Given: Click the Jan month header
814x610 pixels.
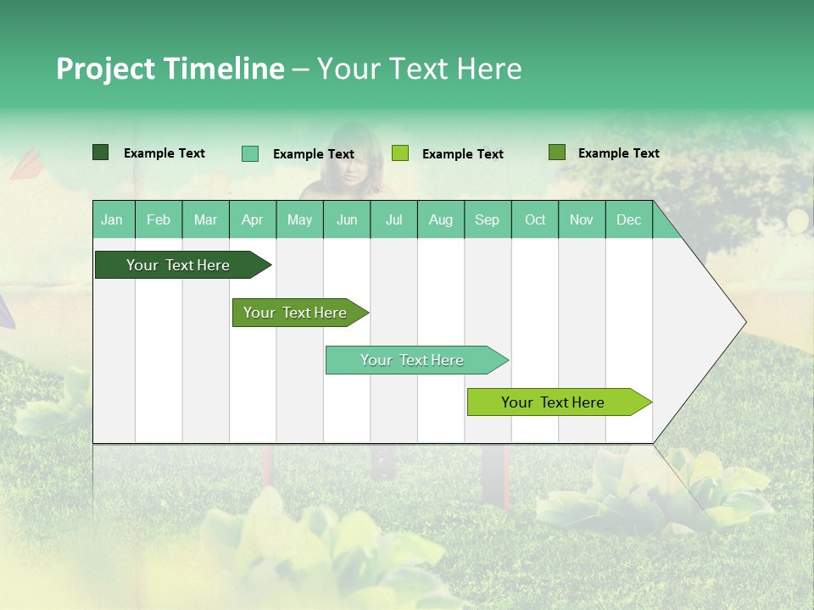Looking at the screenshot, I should [112, 219].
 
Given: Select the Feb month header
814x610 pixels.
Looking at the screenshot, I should [159, 219].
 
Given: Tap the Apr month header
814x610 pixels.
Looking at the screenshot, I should [252, 219].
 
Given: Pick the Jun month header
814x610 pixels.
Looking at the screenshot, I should [347, 219].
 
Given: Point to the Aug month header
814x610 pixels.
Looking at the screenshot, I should [440, 219].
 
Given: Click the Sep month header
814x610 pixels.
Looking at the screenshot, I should [487, 219].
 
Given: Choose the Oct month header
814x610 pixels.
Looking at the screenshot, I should [535, 219].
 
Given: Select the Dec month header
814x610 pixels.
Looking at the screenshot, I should [628, 219].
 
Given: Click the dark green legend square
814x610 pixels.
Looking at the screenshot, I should [101, 152].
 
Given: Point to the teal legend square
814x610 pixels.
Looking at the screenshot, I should [250, 153].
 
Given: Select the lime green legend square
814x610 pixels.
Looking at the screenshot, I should [400, 153].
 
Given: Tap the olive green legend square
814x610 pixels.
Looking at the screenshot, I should [556, 152].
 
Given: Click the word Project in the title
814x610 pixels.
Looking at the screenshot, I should [106, 69].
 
